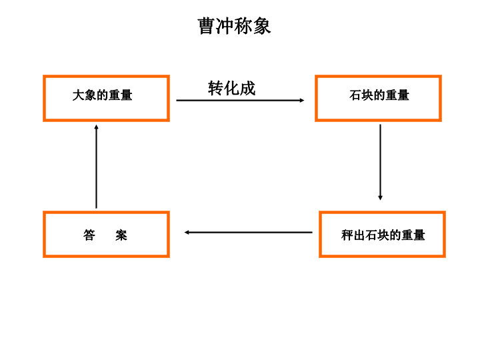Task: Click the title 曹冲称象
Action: coord(234,26)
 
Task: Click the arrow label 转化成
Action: coord(232,89)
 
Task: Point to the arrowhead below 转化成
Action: coord(302,100)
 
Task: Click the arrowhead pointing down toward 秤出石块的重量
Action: coord(380,198)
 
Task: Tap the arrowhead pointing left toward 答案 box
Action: coord(187,233)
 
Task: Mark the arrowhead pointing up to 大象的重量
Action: coord(97,127)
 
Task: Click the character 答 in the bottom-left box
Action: coord(89,235)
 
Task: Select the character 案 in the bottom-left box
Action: coord(121,235)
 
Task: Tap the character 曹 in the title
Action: coord(206,26)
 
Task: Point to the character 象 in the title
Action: coord(262,26)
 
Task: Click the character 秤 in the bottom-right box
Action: coord(347,235)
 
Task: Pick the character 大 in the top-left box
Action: coord(79,95)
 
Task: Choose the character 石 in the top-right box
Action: coord(355,95)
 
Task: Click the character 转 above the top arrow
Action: coord(216,89)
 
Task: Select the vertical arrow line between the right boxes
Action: coord(380,162)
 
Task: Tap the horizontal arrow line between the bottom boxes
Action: coord(248,233)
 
